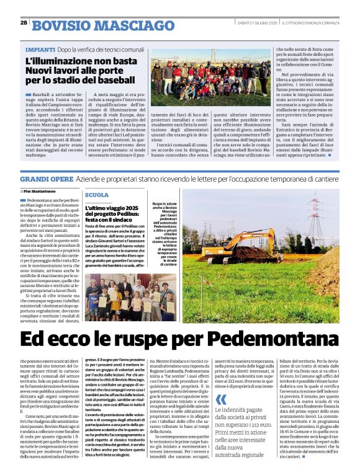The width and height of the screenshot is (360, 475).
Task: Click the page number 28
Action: tap(24, 22)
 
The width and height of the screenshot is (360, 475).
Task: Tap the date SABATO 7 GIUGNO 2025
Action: tap(256, 23)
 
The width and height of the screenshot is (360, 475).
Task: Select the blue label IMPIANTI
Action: tap(40, 49)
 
